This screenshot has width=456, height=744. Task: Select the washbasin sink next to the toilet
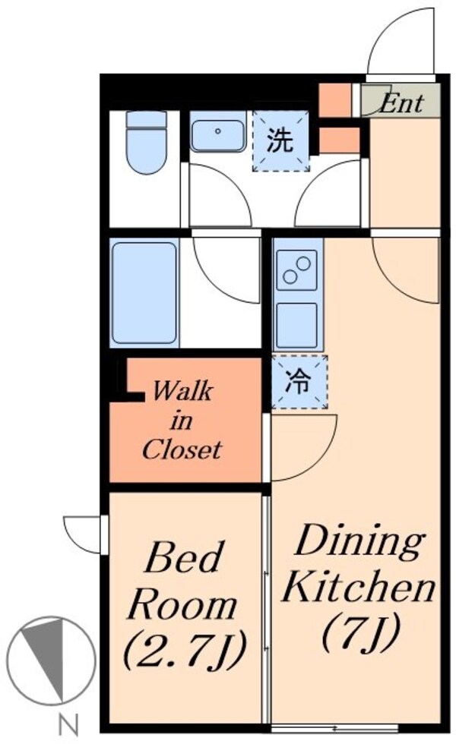tap(218, 132)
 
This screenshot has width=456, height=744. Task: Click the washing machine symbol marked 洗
tap(282, 140)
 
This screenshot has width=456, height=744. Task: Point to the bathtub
tap(144, 292)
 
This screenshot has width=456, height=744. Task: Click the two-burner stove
tap(296, 271)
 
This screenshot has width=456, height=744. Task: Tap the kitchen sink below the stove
tap(296, 325)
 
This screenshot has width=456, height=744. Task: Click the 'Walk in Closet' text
tap(182, 421)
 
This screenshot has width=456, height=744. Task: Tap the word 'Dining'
tap(359, 543)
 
